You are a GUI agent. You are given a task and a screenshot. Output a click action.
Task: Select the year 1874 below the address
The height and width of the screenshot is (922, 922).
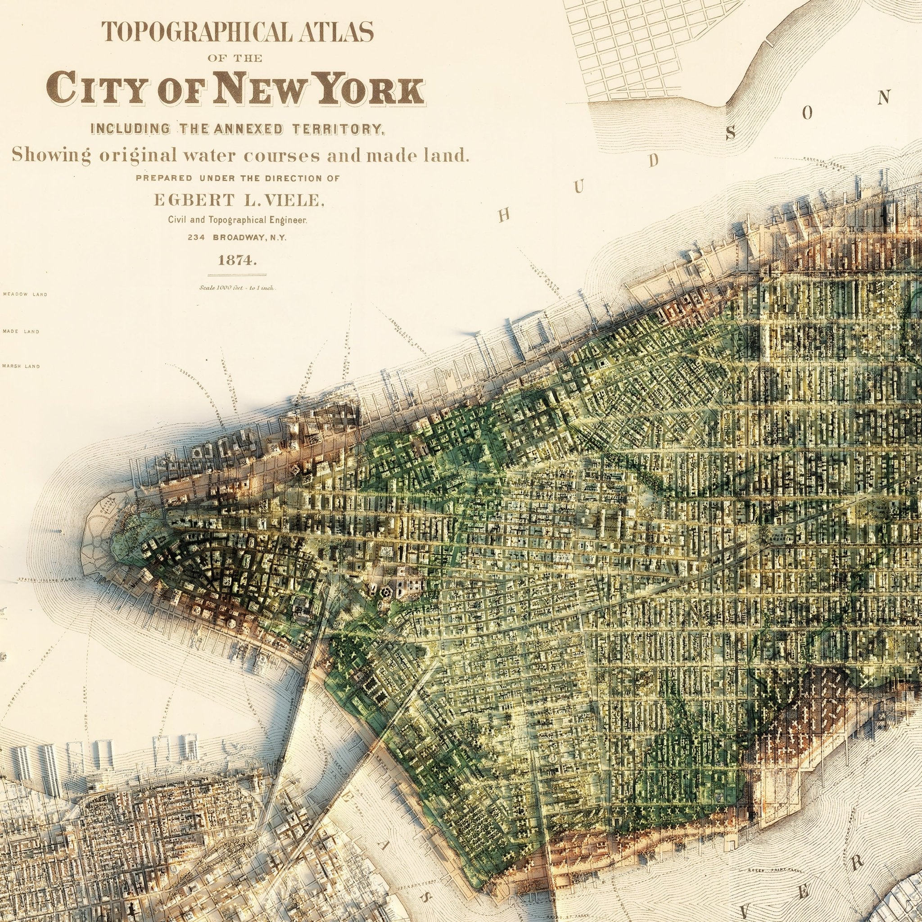pos(237,261)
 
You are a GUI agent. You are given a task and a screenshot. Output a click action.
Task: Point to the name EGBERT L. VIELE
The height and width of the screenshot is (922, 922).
pos(238,200)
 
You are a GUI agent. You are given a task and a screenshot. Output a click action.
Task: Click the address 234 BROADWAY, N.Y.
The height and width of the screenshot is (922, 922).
pos(237,237)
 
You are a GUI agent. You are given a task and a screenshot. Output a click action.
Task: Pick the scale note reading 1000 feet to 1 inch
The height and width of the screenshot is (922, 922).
pos(237,288)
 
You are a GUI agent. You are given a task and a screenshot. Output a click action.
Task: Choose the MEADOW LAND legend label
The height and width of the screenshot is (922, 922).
pos(25,294)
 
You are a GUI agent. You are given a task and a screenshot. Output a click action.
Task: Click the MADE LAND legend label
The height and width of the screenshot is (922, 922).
pos(21,331)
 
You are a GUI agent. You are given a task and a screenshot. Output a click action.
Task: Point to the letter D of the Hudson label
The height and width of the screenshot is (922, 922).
pos(653,162)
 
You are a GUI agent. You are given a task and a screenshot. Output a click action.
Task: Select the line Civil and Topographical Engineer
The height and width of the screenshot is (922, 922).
pos(237,220)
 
